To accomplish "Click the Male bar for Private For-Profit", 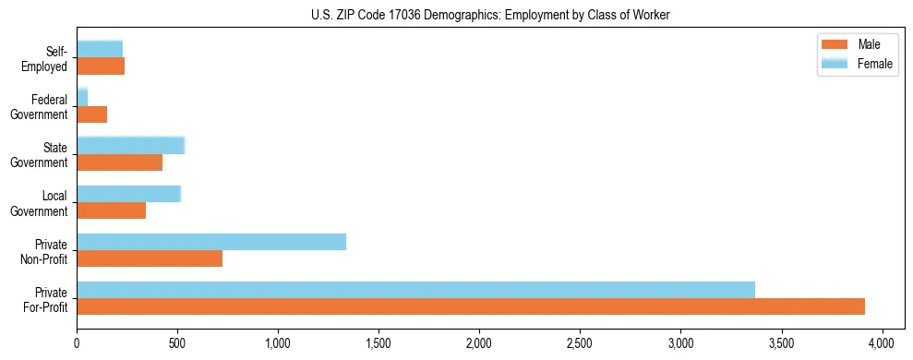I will click(x=471, y=306).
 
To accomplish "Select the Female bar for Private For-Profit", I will click(x=415, y=290).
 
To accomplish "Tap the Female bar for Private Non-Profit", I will click(x=211, y=242).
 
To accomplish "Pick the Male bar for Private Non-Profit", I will click(x=150, y=258).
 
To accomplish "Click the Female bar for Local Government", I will click(x=128, y=194).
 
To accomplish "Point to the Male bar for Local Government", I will click(x=111, y=210).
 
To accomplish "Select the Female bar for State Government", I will click(x=130, y=145).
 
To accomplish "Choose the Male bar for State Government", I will click(x=119, y=162).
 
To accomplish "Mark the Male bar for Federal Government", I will click(x=91, y=114).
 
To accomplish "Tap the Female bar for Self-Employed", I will click(x=100, y=49).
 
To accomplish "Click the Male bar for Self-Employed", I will click(x=101, y=66).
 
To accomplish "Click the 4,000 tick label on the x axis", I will click(x=883, y=342).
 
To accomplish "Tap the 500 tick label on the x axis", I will click(x=177, y=342).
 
